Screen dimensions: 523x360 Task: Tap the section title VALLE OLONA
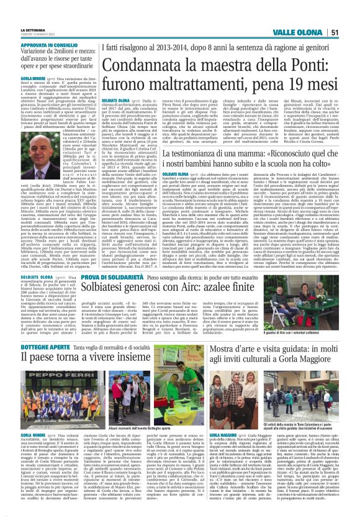coord(299,32)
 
